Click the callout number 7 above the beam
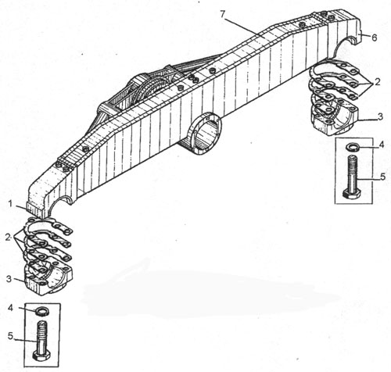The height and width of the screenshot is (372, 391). click(222, 14)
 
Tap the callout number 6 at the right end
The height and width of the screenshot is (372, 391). click(375, 38)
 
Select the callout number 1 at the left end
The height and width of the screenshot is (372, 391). click(11, 204)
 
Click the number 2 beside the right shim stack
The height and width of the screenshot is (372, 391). click(378, 82)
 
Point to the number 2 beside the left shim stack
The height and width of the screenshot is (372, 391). click(9, 237)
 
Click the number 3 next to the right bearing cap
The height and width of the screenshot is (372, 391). click(380, 116)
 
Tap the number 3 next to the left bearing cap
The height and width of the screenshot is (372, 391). click(9, 279)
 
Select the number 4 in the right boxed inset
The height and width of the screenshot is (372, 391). click(382, 145)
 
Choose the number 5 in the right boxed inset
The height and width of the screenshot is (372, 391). click(382, 177)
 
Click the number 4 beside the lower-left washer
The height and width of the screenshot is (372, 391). click(10, 308)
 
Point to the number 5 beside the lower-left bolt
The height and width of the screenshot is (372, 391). click(10, 336)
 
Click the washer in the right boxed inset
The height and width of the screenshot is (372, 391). click(353, 147)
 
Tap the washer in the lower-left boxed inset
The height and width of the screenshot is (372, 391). click(41, 311)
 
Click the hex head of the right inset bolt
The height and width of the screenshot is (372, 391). click(351, 194)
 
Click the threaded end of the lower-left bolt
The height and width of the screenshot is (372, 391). click(41, 330)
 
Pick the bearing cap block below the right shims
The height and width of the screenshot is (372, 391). click(334, 118)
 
